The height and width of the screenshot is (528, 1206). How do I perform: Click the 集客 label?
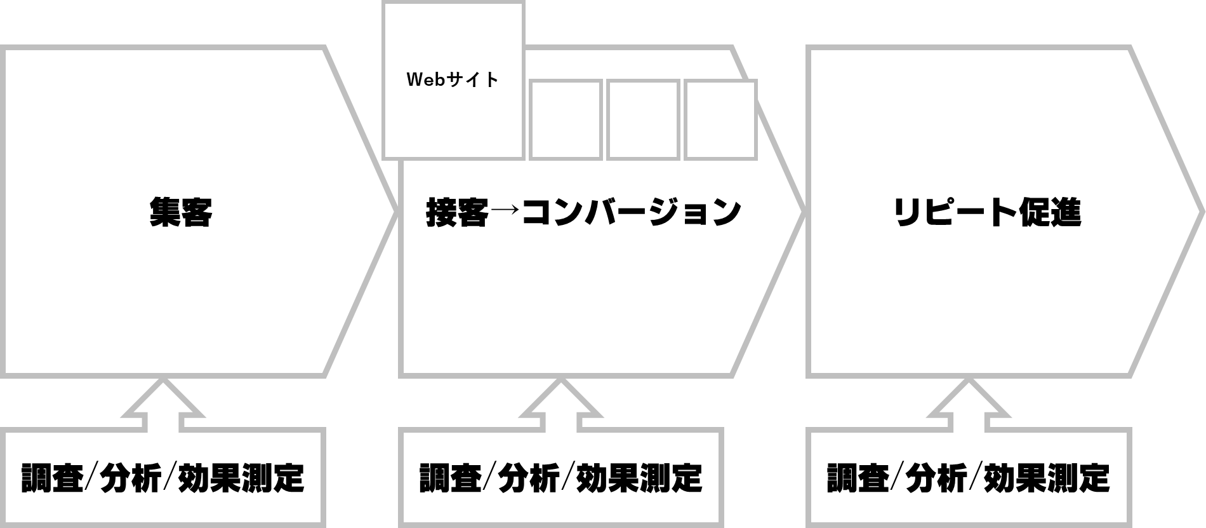pos(180,212)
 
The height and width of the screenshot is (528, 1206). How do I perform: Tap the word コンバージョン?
pos(631,212)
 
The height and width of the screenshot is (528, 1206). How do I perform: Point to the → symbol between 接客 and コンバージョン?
pos(505,212)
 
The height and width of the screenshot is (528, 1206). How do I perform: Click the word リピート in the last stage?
pos(955,212)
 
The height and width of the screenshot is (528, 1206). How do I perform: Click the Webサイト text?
pos(453,80)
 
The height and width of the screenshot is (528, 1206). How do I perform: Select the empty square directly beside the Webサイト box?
pos(565,119)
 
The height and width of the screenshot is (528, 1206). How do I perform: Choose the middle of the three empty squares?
pos(643,119)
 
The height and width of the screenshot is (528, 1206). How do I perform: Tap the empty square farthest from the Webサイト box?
pos(720,119)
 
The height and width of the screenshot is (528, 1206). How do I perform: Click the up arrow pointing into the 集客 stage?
pos(163,404)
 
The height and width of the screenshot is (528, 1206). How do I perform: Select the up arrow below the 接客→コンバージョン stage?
pos(560,404)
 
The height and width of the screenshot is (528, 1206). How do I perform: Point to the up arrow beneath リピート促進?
pos(969,404)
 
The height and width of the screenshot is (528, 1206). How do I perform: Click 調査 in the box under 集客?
pos(52,478)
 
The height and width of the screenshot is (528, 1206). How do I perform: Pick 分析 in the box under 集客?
pos(131,478)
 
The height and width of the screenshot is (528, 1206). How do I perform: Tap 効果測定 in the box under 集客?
pos(241,478)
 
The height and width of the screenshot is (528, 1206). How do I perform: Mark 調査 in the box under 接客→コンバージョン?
pos(450,478)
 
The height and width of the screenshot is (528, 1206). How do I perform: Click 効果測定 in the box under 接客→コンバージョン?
pos(639,478)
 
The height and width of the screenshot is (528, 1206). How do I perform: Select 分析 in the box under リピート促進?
pos(937,478)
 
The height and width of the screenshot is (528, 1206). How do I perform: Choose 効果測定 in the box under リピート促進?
pos(1047,478)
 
